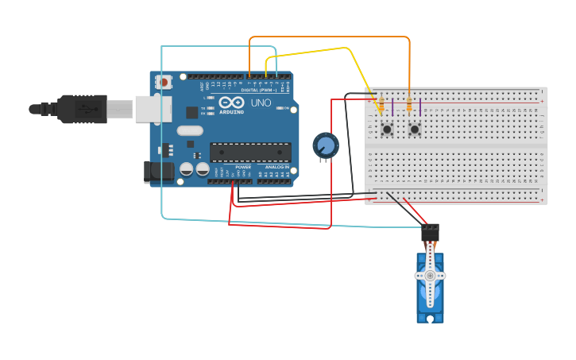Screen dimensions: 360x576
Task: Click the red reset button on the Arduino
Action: pyautogui.click(x=164, y=82)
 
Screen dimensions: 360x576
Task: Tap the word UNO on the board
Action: pyautogui.click(x=261, y=103)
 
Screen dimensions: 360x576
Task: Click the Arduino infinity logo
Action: pyautogui.click(x=231, y=103)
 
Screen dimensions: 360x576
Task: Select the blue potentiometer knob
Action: pyautogui.click(x=325, y=145)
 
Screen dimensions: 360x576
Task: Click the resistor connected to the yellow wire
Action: pyautogui.click(x=381, y=105)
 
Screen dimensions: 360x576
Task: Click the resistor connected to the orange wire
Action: pyautogui.click(x=409, y=105)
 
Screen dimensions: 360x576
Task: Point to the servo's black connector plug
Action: pyautogui.click(x=430, y=232)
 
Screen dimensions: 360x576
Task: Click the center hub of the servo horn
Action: pyautogui.click(x=430, y=275)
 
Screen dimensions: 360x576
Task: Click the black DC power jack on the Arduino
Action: pyautogui.click(x=159, y=172)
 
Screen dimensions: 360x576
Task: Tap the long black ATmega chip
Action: pyautogui.click(x=249, y=152)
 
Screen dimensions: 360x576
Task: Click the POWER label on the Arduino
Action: pyautogui.click(x=243, y=167)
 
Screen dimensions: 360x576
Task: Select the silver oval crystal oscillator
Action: pyautogui.click(x=190, y=130)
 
